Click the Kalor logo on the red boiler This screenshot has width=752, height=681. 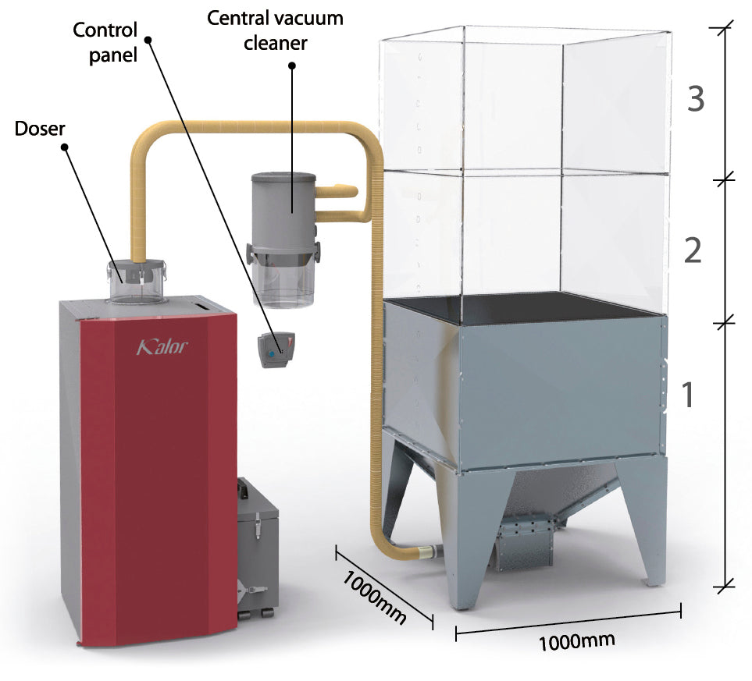162,346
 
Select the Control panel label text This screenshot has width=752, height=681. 105,43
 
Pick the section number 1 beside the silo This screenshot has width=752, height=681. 688,395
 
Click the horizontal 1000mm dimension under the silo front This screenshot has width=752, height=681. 576,641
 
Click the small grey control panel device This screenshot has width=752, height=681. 276,350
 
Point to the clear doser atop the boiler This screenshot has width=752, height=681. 137,281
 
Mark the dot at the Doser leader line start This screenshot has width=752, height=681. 64,147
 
